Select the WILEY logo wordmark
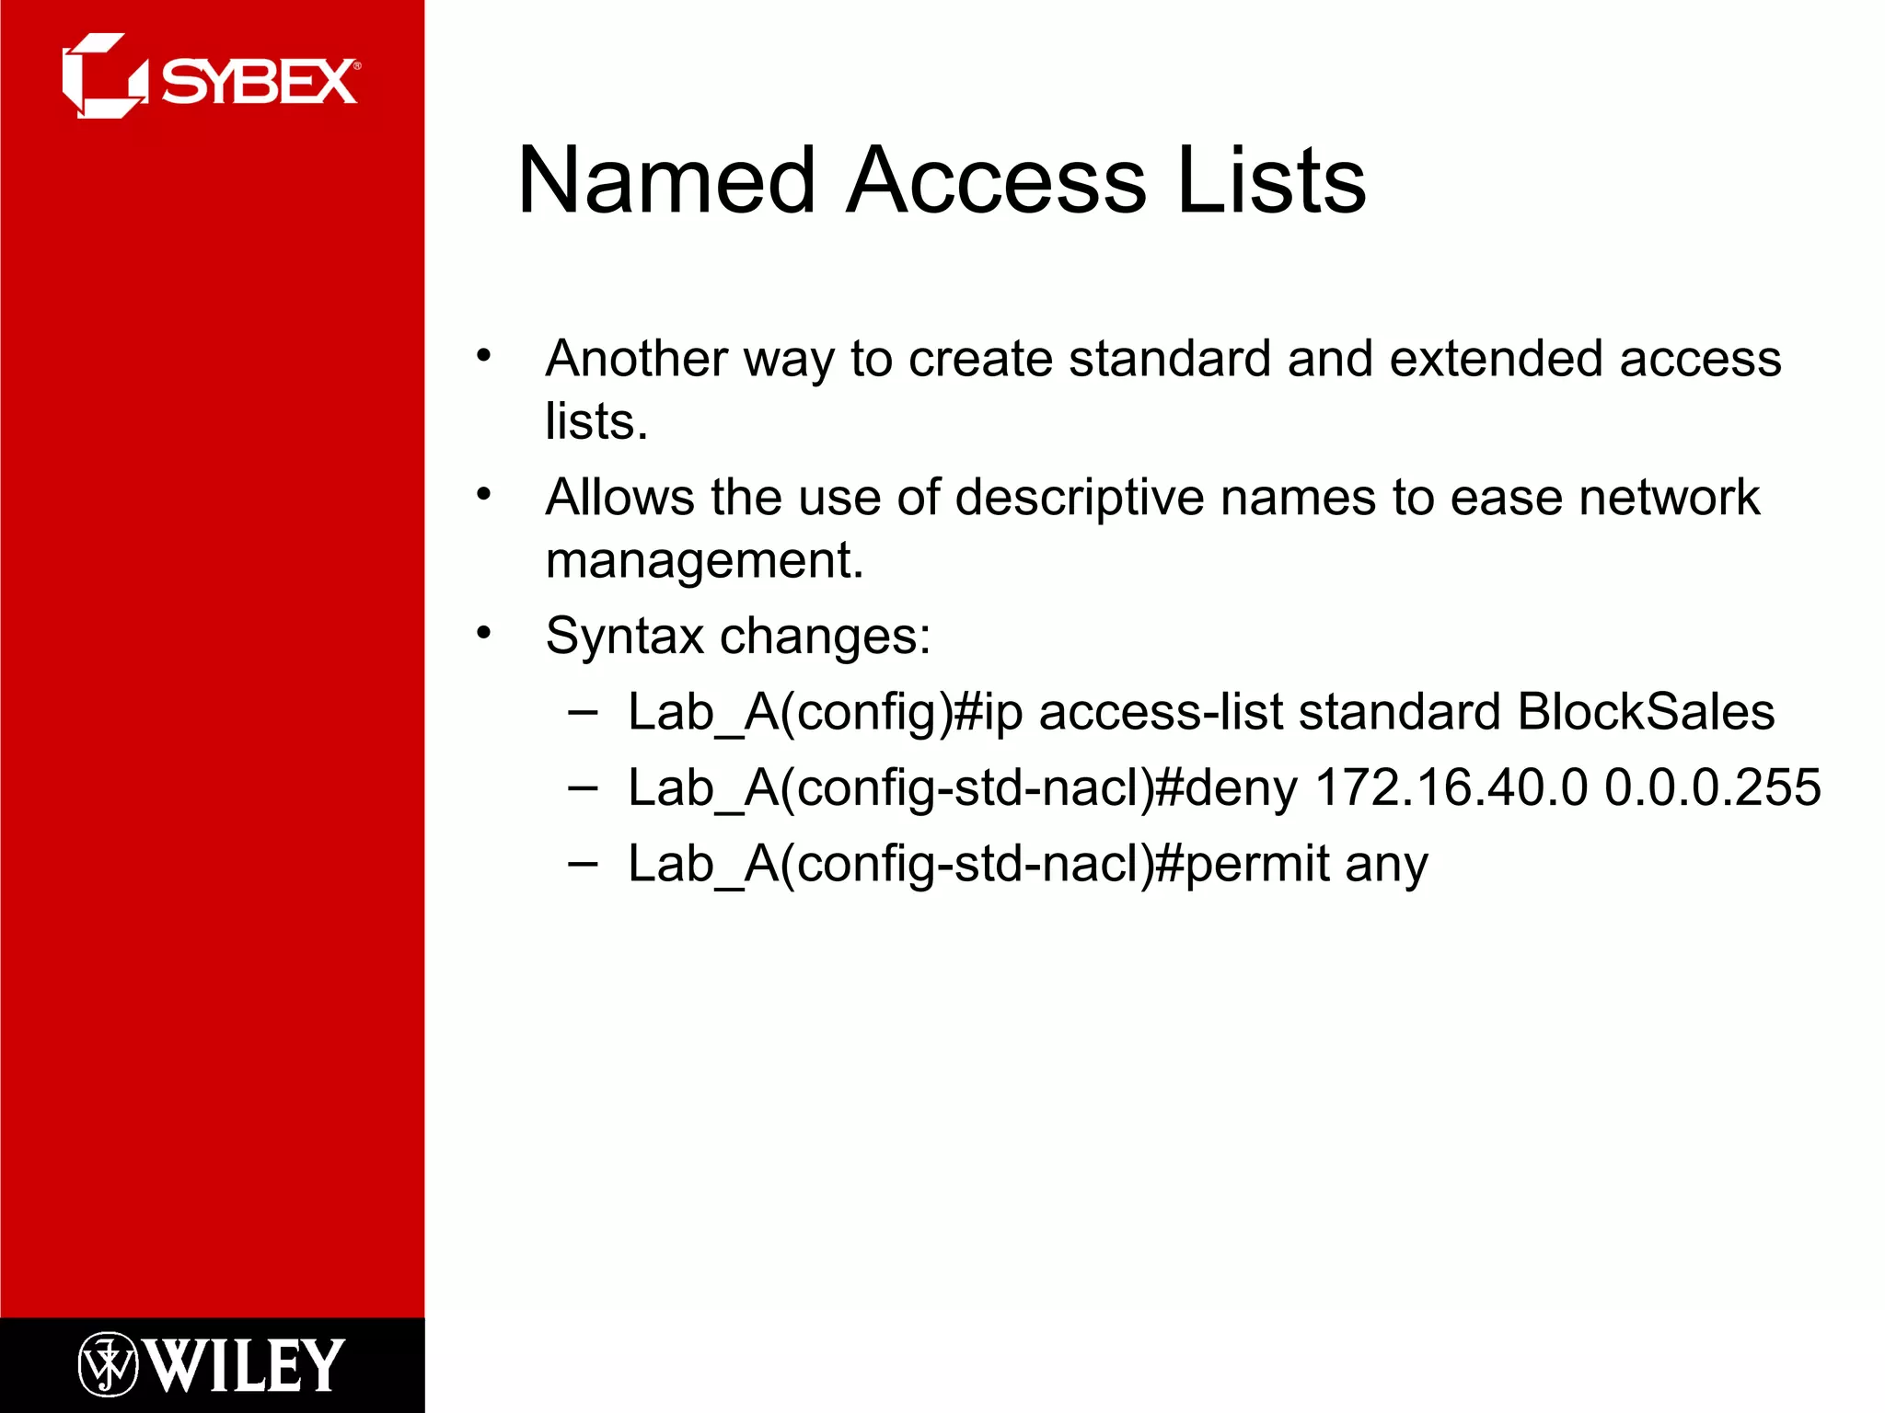[x=245, y=1365]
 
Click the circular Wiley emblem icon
[x=108, y=1364]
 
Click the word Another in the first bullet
[x=636, y=358]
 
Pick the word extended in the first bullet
[x=1496, y=358]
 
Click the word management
[x=704, y=560]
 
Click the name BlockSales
[x=1646, y=712]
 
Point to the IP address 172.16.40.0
[x=1451, y=787]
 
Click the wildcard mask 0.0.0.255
[x=1712, y=787]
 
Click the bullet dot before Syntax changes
[x=484, y=633]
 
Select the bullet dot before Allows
[x=484, y=495]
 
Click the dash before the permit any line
[x=583, y=863]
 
